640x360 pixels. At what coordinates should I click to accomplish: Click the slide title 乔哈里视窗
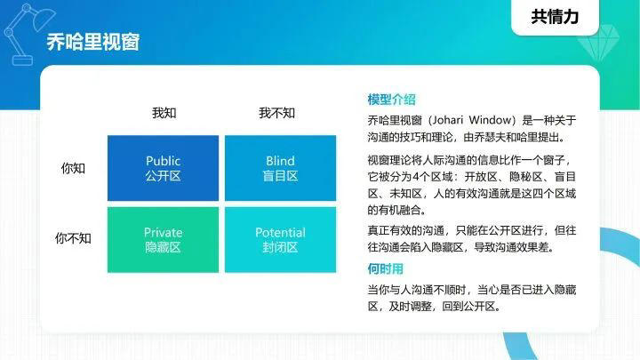tap(92, 42)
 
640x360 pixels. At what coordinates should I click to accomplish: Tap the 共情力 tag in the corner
tap(551, 17)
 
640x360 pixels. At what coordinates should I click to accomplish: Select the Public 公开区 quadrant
tap(163, 168)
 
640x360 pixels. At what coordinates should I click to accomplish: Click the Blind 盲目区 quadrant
tap(281, 168)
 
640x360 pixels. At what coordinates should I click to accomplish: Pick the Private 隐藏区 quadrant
tap(163, 239)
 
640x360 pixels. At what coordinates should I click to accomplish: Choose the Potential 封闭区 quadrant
tap(281, 239)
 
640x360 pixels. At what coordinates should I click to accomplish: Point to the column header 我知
tap(164, 113)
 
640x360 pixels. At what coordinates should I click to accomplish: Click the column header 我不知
tap(277, 113)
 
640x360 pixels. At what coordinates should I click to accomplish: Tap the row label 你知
tap(73, 168)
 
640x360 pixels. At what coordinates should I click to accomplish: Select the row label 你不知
tap(73, 238)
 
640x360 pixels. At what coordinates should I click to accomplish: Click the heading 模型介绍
tap(391, 100)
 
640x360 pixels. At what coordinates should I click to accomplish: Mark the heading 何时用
tap(385, 268)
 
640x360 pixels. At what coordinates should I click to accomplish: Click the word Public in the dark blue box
tap(163, 161)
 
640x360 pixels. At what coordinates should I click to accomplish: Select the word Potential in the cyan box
tap(281, 232)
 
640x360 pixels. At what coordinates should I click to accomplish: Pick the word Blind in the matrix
tap(281, 161)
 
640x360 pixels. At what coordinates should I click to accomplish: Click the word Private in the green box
tap(163, 232)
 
